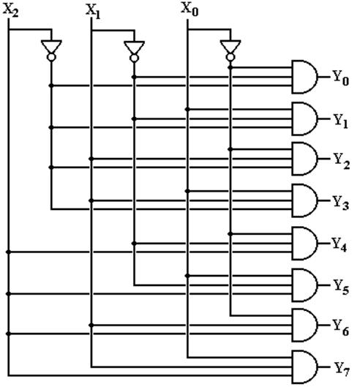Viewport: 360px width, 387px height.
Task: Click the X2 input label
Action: click(x=11, y=11)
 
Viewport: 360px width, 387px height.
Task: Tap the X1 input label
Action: click(x=93, y=12)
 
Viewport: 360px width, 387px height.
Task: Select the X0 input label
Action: click(x=190, y=10)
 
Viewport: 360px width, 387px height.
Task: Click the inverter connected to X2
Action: click(x=51, y=50)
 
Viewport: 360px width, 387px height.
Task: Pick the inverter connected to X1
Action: click(x=134, y=51)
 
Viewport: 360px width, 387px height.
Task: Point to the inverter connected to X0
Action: click(x=230, y=50)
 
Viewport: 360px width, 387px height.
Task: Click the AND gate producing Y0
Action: click(x=304, y=77)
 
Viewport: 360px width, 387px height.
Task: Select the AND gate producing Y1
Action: click(x=304, y=119)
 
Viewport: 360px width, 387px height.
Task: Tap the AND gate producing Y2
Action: click(x=304, y=159)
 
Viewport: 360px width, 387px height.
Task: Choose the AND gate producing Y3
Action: click(x=304, y=201)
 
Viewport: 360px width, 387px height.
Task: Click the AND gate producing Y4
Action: click(x=304, y=244)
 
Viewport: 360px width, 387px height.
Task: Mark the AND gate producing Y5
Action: click(x=304, y=285)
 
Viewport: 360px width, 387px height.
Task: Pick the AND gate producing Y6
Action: click(x=304, y=326)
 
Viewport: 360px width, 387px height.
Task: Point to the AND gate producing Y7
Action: click(x=304, y=367)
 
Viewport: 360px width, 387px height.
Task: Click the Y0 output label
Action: click(x=341, y=78)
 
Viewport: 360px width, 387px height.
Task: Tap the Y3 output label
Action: click(x=341, y=203)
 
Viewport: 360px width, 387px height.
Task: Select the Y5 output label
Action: click(x=342, y=288)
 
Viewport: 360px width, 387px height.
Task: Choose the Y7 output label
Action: click(x=342, y=369)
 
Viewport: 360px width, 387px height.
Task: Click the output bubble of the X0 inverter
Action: click(x=230, y=57)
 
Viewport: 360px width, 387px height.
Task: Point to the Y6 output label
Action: click(x=341, y=328)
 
